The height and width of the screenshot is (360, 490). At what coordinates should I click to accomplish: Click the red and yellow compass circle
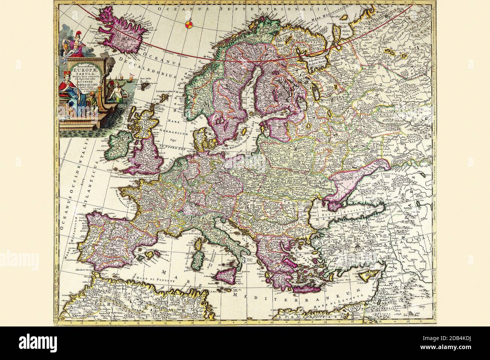click(190, 25)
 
